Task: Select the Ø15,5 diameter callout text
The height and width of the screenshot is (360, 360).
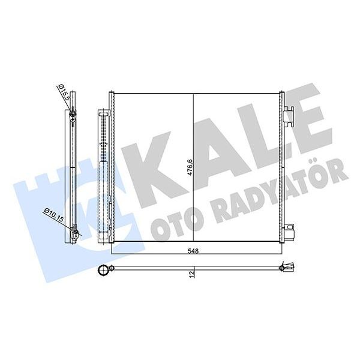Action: tap(64, 94)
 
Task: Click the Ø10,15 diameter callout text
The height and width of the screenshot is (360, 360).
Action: tap(53, 215)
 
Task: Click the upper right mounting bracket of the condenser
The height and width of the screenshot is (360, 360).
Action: tap(290, 113)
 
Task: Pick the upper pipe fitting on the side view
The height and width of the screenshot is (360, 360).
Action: tap(72, 114)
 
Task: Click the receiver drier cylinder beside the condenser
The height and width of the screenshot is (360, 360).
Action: tap(104, 174)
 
